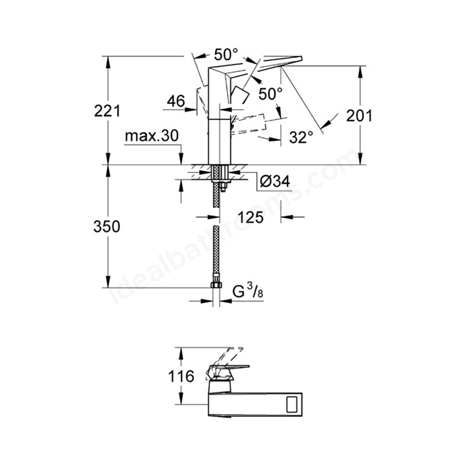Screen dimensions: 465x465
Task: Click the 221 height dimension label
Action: tap(108, 111)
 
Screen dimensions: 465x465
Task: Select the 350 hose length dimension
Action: tap(107, 227)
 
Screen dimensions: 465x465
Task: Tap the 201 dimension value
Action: tap(359, 116)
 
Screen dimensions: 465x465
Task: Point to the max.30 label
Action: tap(152, 136)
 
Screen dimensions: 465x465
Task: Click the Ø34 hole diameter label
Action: tap(275, 181)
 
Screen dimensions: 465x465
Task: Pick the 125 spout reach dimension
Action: tap(251, 217)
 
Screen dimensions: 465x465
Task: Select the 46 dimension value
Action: tap(176, 101)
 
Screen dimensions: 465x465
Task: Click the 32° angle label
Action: tap(302, 137)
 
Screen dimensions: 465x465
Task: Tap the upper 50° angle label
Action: tap(226, 54)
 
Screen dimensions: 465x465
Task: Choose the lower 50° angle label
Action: tap(270, 94)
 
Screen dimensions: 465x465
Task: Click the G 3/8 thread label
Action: tap(248, 292)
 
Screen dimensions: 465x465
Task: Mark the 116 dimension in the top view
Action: tap(181, 376)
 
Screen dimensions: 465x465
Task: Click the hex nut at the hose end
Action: tap(217, 285)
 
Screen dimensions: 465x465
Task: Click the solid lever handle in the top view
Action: tap(227, 372)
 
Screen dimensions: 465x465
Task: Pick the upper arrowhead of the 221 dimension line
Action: tap(108, 62)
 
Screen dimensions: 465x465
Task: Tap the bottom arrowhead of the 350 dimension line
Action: tap(108, 282)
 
